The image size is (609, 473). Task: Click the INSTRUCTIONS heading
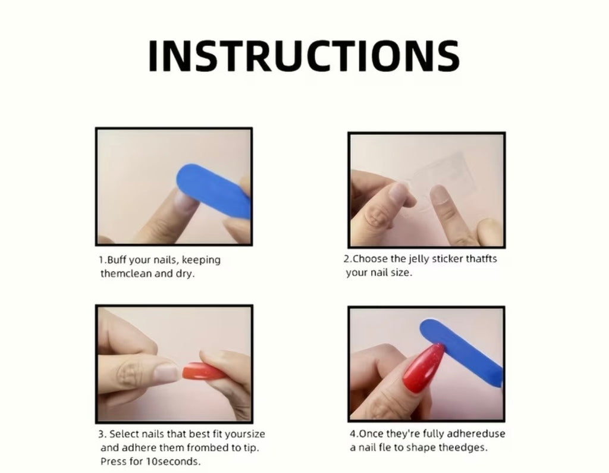304,55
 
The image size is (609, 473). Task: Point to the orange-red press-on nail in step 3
203,372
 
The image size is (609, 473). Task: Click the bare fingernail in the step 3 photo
167,372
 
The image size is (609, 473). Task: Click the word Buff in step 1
116,259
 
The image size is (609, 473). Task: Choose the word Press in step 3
112,461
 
